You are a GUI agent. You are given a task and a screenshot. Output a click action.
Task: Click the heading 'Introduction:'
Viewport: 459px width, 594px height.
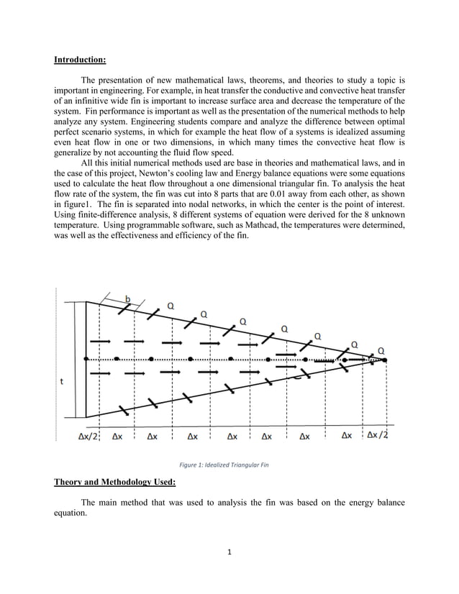(x=80, y=60)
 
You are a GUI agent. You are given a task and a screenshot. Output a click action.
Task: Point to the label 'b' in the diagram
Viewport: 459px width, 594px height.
(x=129, y=299)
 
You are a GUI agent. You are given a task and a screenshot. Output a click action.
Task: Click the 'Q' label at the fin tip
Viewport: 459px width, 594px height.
(x=381, y=350)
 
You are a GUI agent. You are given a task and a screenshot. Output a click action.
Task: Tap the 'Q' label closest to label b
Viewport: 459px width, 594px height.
(x=171, y=306)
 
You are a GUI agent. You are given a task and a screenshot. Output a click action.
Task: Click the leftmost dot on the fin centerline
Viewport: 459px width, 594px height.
(x=86, y=358)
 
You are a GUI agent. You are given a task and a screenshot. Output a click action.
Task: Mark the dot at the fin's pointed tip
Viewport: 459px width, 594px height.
(x=373, y=358)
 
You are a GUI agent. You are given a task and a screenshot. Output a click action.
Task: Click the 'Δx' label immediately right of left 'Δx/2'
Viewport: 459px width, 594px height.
(x=115, y=436)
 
